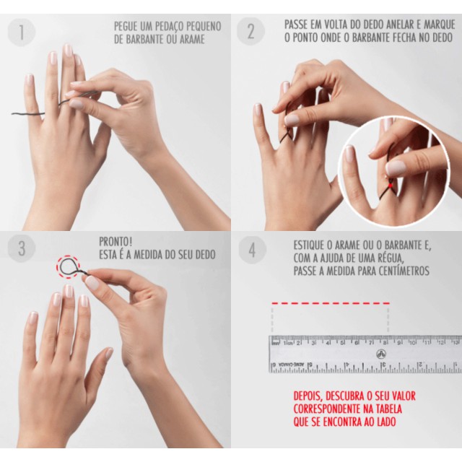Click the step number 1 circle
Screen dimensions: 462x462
[x=22, y=32]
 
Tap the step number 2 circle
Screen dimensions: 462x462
[x=250, y=31]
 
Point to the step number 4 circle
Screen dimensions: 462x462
[x=252, y=250]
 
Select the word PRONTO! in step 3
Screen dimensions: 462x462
[x=115, y=242]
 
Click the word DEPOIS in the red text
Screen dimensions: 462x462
[x=308, y=396]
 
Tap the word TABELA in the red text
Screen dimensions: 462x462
[x=387, y=409]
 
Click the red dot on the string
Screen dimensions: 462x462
[x=390, y=186]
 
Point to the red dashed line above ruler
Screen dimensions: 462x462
[x=331, y=303]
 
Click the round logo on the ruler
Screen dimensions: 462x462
[x=382, y=354]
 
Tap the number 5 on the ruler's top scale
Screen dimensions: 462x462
[x=342, y=343]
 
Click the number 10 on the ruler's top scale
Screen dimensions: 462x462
[x=412, y=343]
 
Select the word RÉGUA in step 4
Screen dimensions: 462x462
[x=388, y=258]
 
